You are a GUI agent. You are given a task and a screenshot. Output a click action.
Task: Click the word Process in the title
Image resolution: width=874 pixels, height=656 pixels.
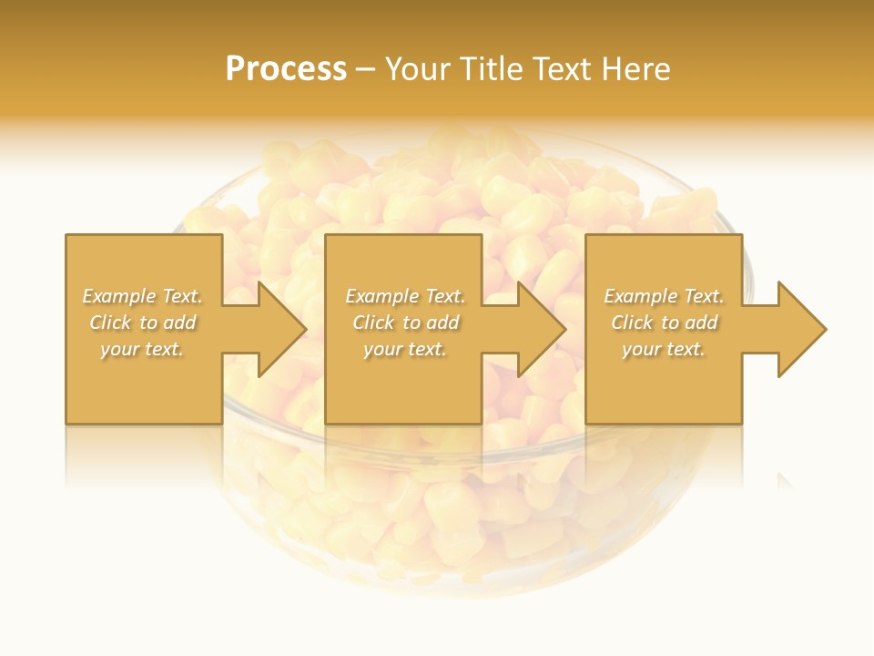tap(286, 69)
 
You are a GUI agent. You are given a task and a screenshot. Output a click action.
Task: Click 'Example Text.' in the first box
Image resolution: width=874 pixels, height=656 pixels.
tap(142, 296)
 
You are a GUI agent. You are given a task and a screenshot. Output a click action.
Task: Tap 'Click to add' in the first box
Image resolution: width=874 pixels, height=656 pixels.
tap(142, 323)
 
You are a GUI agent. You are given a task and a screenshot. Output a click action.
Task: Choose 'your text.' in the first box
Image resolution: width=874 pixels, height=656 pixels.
tap(142, 349)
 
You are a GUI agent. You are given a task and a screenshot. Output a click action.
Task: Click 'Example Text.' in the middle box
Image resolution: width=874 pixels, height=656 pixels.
tap(404, 296)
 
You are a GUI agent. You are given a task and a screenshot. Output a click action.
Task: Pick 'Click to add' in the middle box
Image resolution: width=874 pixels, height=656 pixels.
tap(404, 323)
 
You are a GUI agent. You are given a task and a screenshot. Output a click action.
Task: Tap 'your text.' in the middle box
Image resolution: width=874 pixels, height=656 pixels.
tap(404, 349)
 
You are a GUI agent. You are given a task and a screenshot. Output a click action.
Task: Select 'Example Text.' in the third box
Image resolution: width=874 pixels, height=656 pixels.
tap(664, 296)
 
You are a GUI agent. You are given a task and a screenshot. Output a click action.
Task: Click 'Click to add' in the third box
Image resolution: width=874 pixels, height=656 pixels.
tap(664, 323)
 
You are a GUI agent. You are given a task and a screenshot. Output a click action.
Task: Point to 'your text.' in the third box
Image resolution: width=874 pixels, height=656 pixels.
tap(664, 349)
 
